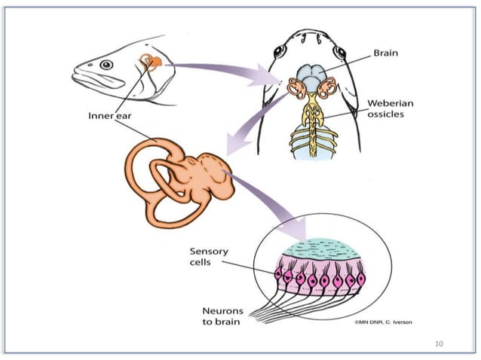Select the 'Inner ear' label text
[109, 117]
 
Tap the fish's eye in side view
[106, 66]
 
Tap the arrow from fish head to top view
[226, 69]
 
